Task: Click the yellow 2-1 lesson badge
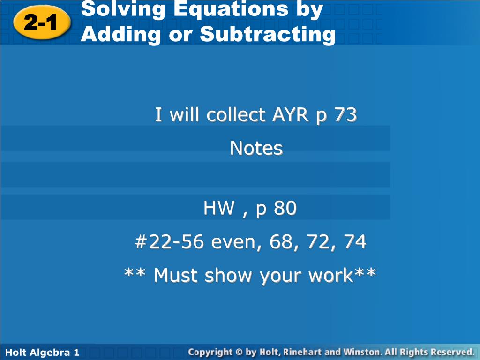42,22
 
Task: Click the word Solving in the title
123,10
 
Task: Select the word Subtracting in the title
268,34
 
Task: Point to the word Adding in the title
121,34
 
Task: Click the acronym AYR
291,114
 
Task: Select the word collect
236,114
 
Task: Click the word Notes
256,148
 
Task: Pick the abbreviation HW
219,208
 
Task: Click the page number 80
285,208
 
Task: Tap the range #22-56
169,241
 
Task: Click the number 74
355,241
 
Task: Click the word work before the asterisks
330,275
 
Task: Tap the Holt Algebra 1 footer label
42,352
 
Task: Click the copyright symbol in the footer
240,352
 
